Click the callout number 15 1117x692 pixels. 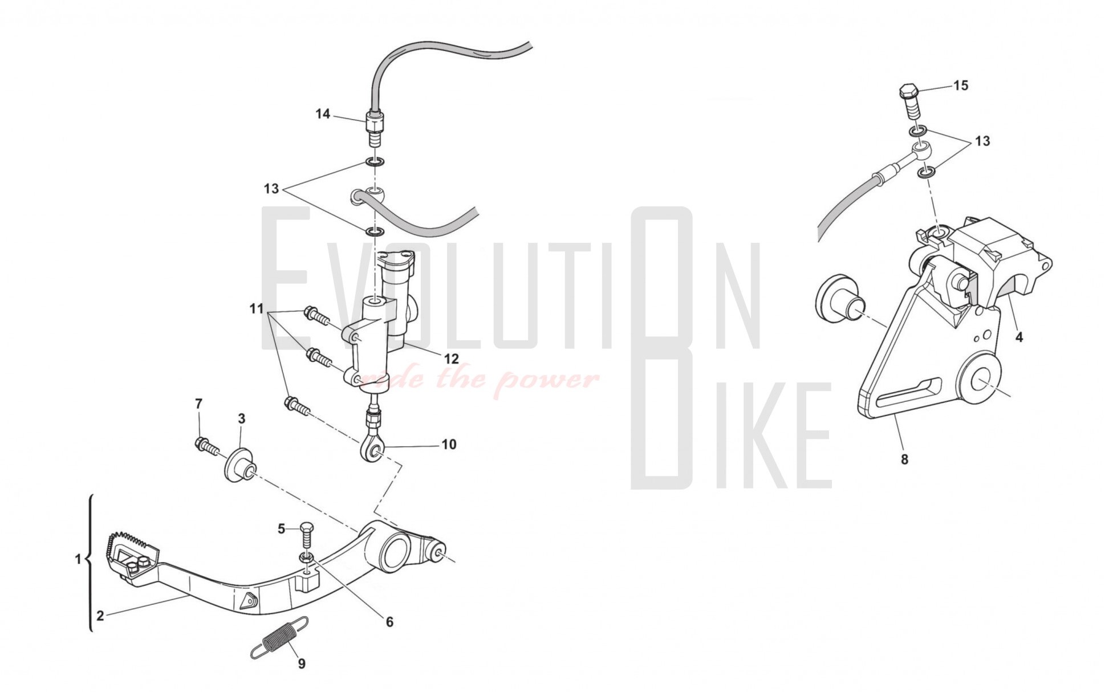point(961,86)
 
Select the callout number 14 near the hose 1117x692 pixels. point(323,114)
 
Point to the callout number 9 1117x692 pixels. point(302,663)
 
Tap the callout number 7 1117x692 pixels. point(198,404)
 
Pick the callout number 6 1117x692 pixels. point(389,622)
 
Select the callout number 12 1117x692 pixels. point(451,359)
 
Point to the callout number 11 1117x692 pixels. point(257,309)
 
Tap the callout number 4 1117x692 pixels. point(1019,337)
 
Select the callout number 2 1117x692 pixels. point(100,616)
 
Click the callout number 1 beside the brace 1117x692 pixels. point(79,560)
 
